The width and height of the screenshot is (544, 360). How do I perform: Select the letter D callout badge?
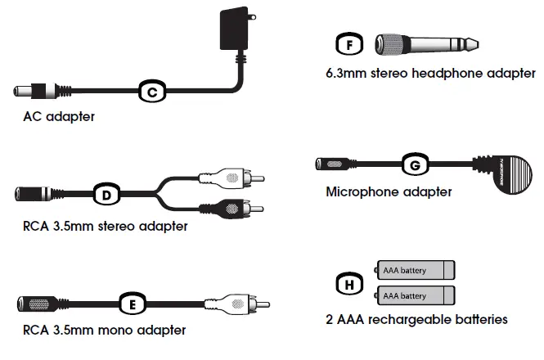point(105,195)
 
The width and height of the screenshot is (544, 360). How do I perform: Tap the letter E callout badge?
point(133,304)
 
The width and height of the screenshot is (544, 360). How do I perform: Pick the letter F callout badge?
point(349,45)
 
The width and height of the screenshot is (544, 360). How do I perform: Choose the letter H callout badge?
point(349,283)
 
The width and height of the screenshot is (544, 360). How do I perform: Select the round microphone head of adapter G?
point(508,173)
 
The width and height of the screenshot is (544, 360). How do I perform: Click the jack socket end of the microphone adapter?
point(335,164)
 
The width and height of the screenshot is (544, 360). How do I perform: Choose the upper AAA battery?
point(416,270)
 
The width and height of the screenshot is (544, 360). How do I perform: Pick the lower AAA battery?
point(416,295)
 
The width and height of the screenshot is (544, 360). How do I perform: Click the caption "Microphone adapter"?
point(389,192)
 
